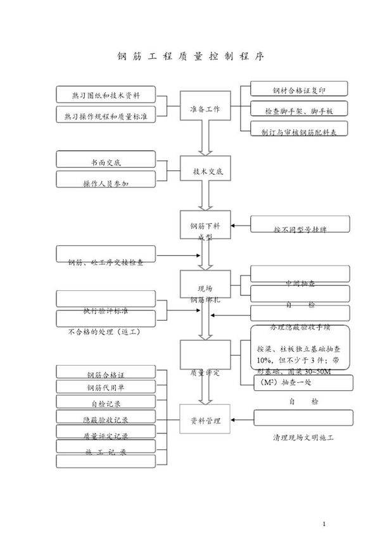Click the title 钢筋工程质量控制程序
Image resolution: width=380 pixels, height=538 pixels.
pyautogui.click(x=190, y=56)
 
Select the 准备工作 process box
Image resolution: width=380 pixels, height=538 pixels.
pyautogui.click(x=205, y=109)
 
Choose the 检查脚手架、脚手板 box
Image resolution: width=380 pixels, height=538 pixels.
pyautogui.click(x=300, y=110)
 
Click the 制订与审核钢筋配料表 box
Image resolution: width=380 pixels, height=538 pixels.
pyautogui.click(x=300, y=131)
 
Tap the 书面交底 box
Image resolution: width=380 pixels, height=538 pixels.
pyautogui.click(x=105, y=162)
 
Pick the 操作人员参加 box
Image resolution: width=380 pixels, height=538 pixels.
pyautogui.click(x=105, y=183)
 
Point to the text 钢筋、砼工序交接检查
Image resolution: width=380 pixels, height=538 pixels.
pyautogui.click(x=105, y=262)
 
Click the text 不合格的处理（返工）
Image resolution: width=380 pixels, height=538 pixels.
pyautogui.click(x=103, y=331)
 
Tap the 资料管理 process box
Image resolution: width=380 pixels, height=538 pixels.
pyautogui.click(x=205, y=420)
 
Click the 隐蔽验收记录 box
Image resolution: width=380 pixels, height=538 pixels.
pyautogui.click(x=105, y=419)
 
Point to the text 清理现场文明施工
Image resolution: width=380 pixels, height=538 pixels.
pyautogui.click(x=303, y=438)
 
